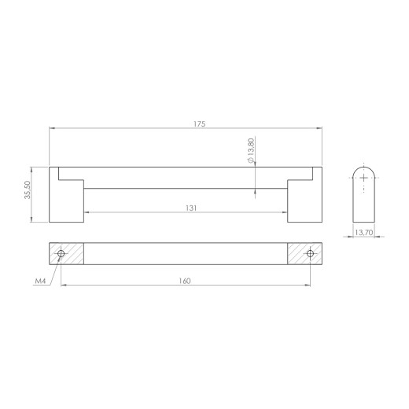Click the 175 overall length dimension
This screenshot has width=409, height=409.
(200, 123)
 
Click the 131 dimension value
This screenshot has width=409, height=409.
(191, 208)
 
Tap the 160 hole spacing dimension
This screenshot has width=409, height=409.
(185, 281)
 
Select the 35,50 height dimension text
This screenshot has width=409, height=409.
(28, 190)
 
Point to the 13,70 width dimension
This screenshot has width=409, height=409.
(363, 232)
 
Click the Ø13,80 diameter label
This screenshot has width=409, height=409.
(251, 150)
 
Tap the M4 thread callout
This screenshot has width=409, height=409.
(40, 282)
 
